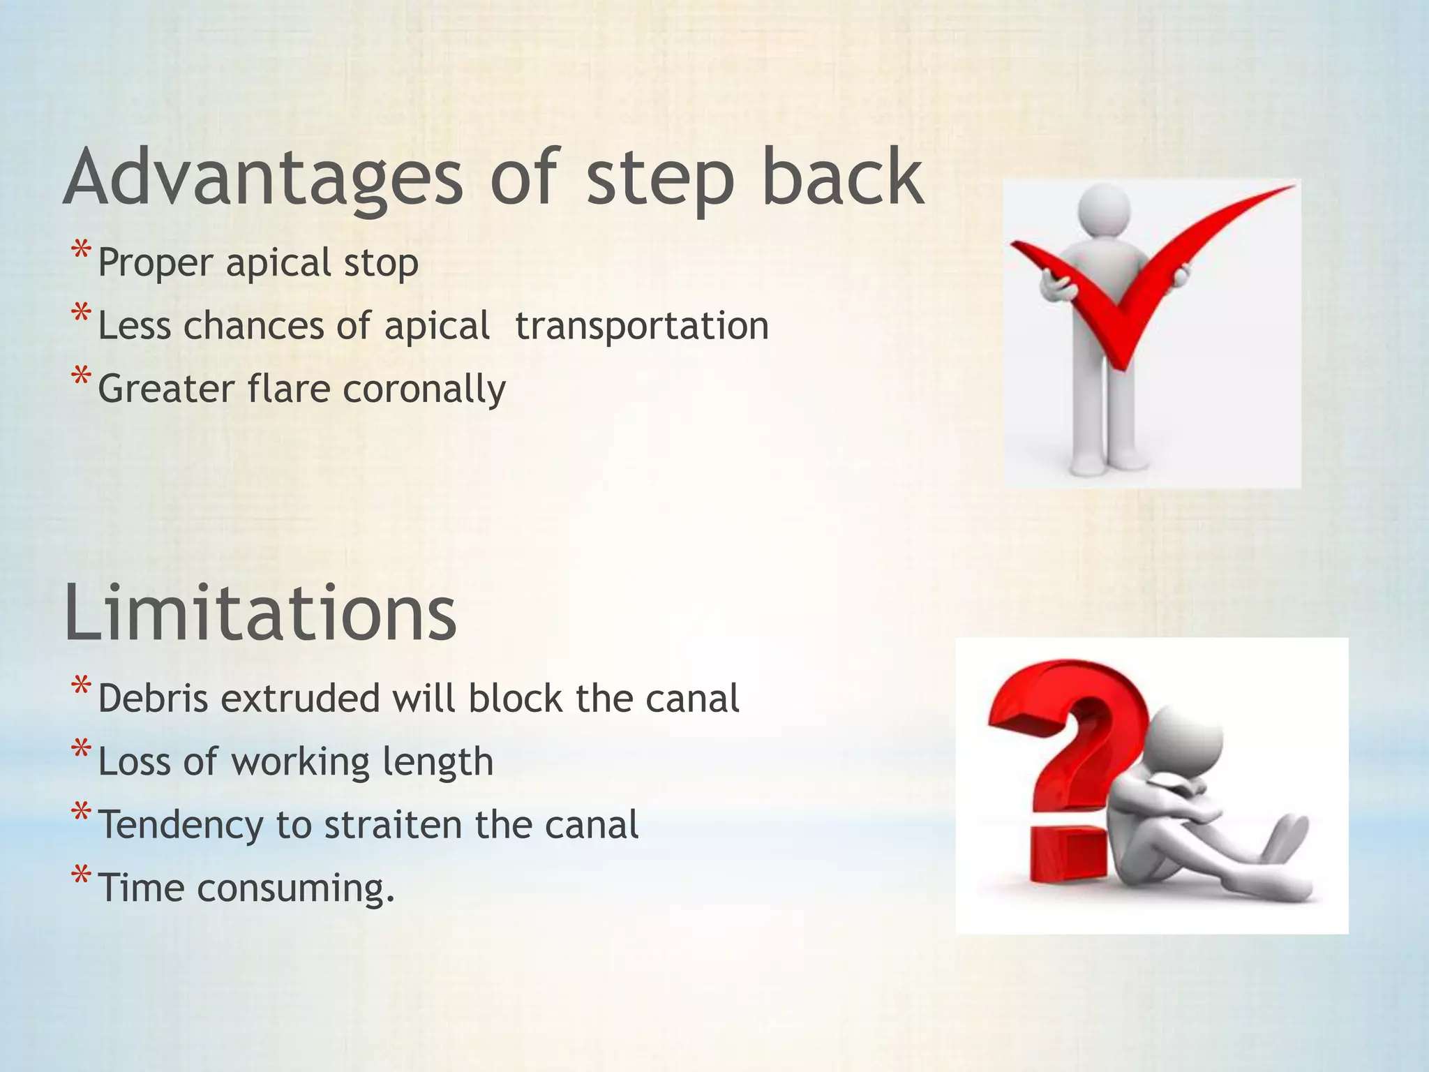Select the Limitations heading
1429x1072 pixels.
(260, 612)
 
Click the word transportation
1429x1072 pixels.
(642, 326)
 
